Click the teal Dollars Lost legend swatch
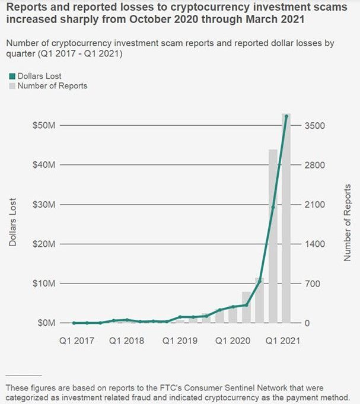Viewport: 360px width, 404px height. click(12, 76)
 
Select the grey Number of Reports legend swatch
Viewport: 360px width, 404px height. click(12, 86)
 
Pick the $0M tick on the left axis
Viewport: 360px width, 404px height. click(45, 323)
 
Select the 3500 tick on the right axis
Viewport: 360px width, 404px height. click(315, 126)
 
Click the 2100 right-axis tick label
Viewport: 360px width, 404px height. click(315, 205)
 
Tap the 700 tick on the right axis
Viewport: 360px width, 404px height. click(313, 284)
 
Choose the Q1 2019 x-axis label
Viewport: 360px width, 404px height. click(180, 341)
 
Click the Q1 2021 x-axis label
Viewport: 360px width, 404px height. click(282, 341)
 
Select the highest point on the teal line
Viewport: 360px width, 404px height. click(286, 116)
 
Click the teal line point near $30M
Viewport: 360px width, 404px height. click(273, 206)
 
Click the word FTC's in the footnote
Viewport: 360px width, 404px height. click(168, 387)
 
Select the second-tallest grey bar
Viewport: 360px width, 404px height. click(273, 237)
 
